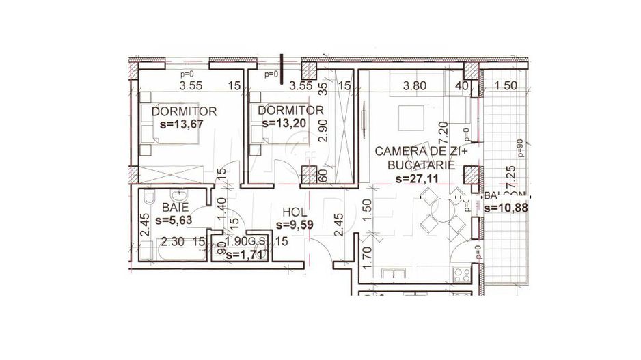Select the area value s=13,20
(285, 123)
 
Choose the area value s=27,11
(418, 179)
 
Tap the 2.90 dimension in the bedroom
(325, 128)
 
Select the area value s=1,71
(247, 255)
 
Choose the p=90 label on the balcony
(520, 148)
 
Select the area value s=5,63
(176, 220)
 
